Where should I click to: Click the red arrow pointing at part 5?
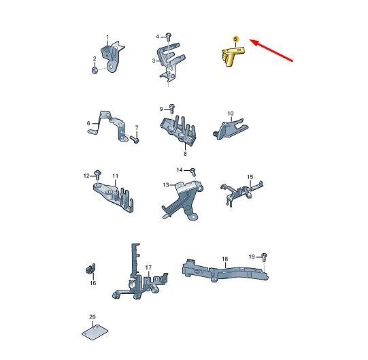point(271,50)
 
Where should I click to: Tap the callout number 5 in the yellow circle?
point(235,39)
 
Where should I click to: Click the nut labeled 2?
point(95,70)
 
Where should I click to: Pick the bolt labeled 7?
point(135,140)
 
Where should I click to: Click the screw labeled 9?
point(172,108)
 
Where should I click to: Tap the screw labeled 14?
point(193,171)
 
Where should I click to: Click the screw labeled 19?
point(264,257)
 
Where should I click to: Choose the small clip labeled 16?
point(90,268)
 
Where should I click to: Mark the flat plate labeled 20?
point(95,332)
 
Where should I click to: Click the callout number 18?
point(225,259)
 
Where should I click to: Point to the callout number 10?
point(231,114)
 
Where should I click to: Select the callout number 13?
point(166,185)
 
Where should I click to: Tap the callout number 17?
point(148,267)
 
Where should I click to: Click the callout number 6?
point(88,123)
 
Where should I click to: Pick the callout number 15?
point(250,177)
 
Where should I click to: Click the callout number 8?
point(185,154)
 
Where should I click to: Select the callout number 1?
point(107,37)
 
